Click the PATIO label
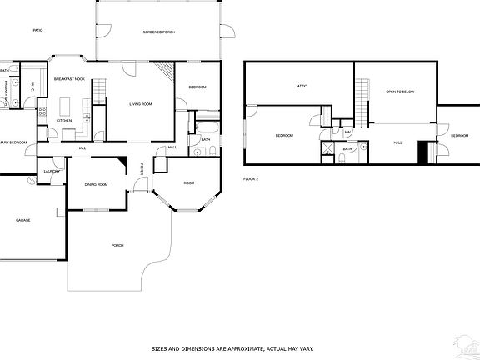(37, 30)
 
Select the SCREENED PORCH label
(158, 32)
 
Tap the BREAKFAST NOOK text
(69, 78)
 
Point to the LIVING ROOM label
(140, 104)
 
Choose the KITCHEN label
(65, 121)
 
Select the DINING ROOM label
(97, 184)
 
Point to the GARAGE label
(23, 220)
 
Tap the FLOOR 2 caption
(251, 178)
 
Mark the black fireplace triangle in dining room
(122, 163)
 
